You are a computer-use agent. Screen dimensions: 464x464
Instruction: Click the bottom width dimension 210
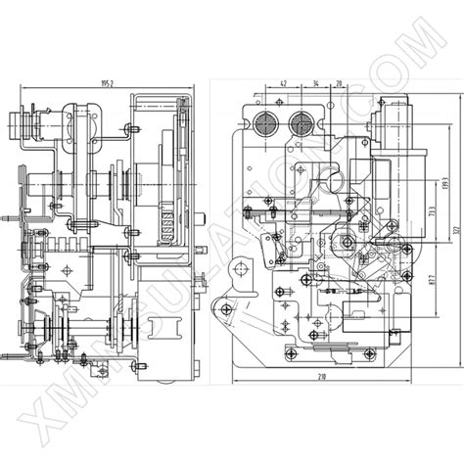(x=322, y=376)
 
